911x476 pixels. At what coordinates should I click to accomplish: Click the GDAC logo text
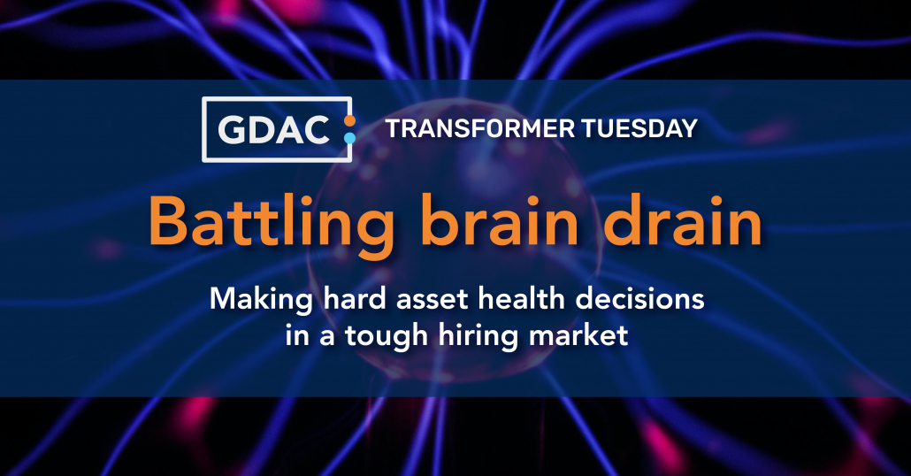click(x=273, y=129)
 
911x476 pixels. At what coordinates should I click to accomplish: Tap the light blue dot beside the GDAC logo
click(x=349, y=138)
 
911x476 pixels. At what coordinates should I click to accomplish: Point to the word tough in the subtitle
click(x=387, y=337)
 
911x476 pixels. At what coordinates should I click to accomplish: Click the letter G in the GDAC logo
click(x=231, y=129)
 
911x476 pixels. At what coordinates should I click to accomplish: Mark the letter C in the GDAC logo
click(x=317, y=129)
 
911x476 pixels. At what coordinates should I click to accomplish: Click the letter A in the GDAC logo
click(x=287, y=129)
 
